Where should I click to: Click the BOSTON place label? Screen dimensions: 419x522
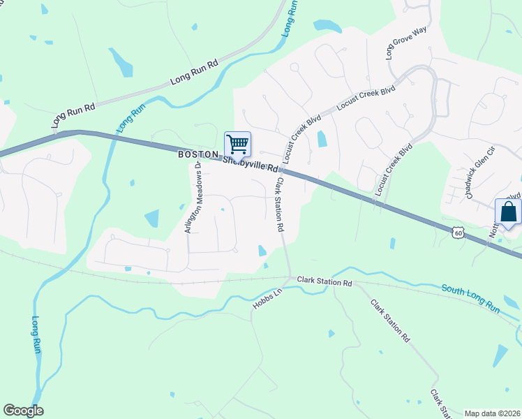[x=194, y=154]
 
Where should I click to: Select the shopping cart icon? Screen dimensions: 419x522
[x=237, y=144]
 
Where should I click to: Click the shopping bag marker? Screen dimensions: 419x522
[x=508, y=212]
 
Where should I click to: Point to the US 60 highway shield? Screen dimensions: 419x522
[x=458, y=231]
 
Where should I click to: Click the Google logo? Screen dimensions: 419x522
[x=23, y=410]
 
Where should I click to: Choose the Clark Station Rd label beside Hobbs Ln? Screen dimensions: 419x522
[x=325, y=282]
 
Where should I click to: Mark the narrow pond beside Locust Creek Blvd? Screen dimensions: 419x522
[x=322, y=139]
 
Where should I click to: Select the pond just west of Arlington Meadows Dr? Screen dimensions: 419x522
[x=151, y=218]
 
